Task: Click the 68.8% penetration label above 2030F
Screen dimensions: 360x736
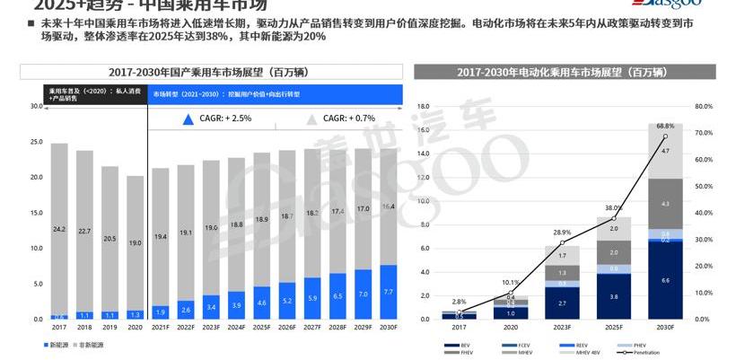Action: tap(665, 126)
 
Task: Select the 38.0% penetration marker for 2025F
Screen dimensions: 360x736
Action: tap(615, 218)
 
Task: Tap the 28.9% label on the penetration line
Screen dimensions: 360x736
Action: tap(564, 233)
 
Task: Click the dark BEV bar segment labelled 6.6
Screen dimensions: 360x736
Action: tap(665, 281)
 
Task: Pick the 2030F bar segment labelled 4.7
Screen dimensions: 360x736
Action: tap(665, 152)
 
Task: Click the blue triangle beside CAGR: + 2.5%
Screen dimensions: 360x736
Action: tap(188, 119)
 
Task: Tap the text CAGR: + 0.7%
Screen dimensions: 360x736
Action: tap(349, 119)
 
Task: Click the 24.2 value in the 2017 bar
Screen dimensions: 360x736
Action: tap(59, 229)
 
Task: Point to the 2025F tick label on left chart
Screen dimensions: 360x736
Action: tap(261, 329)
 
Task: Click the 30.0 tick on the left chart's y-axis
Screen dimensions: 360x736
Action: tap(36, 106)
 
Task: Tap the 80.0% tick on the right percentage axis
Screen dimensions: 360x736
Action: tap(704, 106)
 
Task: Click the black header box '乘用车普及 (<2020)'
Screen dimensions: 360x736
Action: tap(95, 93)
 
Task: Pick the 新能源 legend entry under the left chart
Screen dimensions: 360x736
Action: tap(57, 346)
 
